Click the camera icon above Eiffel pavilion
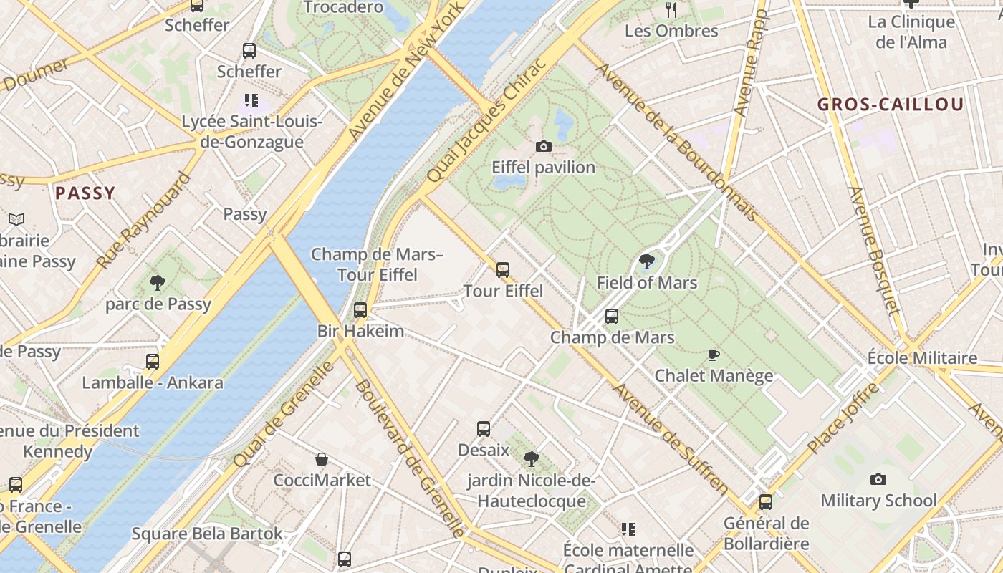click(x=544, y=147)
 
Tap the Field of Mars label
click(x=646, y=283)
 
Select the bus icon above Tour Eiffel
click(x=503, y=270)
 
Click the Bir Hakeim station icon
click(x=360, y=310)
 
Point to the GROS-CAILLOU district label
click(x=891, y=105)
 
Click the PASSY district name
click(x=85, y=193)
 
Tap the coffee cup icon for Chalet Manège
click(x=714, y=355)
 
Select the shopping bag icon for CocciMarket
click(x=322, y=459)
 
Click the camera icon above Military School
click(x=878, y=479)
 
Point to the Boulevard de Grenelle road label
click(x=411, y=458)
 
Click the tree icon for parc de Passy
click(x=158, y=283)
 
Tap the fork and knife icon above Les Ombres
click(x=671, y=9)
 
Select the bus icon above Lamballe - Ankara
click(x=153, y=362)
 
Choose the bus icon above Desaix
click(x=484, y=429)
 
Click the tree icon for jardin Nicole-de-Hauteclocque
click(x=531, y=459)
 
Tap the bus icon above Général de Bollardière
click(x=766, y=502)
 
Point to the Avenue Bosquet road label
click(x=873, y=250)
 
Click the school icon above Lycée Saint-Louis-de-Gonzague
click(x=251, y=100)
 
